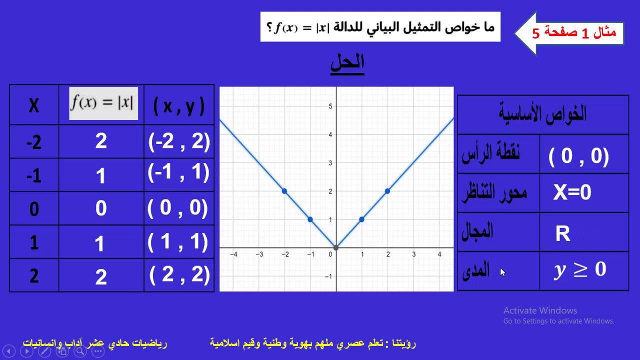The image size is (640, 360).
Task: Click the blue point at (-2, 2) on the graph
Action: click(284, 191)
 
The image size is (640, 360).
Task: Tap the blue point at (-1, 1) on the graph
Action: click(310, 219)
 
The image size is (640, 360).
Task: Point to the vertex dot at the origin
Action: click(336, 247)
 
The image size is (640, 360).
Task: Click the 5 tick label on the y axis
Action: click(330, 106)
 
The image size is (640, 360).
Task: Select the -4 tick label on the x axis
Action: click(233, 254)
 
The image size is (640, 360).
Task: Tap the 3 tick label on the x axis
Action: click(413, 254)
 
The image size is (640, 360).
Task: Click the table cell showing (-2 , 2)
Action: click(179, 142)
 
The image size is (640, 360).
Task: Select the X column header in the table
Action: click(34, 105)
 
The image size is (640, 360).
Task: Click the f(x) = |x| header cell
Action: click(103, 103)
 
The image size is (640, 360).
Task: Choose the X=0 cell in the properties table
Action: click(572, 192)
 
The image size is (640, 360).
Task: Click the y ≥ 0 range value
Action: click(580, 270)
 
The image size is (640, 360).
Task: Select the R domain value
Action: click(562, 233)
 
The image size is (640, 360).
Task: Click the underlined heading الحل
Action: click(347, 63)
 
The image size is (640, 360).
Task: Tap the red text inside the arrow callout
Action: click(574, 33)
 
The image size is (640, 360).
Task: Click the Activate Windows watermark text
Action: click(540, 310)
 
